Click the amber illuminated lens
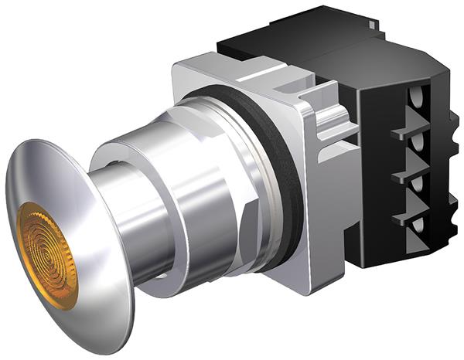[x=46, y=256]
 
